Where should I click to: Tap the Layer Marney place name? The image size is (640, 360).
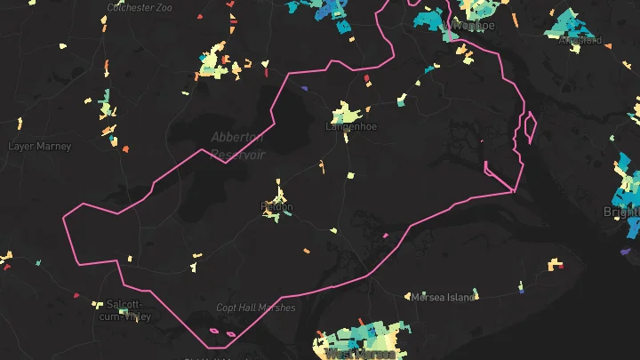(x=39, y=146)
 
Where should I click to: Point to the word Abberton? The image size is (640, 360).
(x=237, y=137)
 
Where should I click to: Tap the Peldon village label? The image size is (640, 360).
(x=276, y=206)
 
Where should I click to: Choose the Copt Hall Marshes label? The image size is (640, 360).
(x=256, y=308)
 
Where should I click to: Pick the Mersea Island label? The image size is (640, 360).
(x=442, y=297)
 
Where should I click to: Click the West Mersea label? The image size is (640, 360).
(x=360, y=354)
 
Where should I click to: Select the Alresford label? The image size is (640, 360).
(x=581, y=40)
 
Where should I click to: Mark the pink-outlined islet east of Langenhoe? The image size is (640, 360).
(x=530, y=127)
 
